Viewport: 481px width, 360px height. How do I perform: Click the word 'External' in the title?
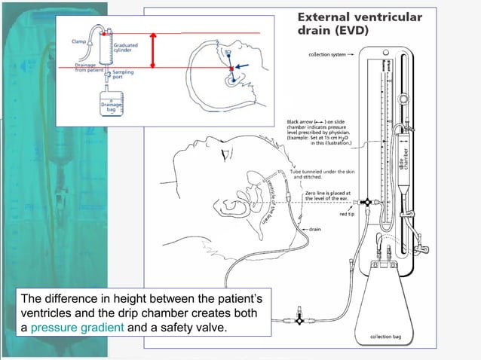coord(321,16)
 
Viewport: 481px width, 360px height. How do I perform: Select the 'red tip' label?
coord(348,215)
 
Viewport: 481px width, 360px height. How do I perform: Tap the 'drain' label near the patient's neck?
coord(316,229)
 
